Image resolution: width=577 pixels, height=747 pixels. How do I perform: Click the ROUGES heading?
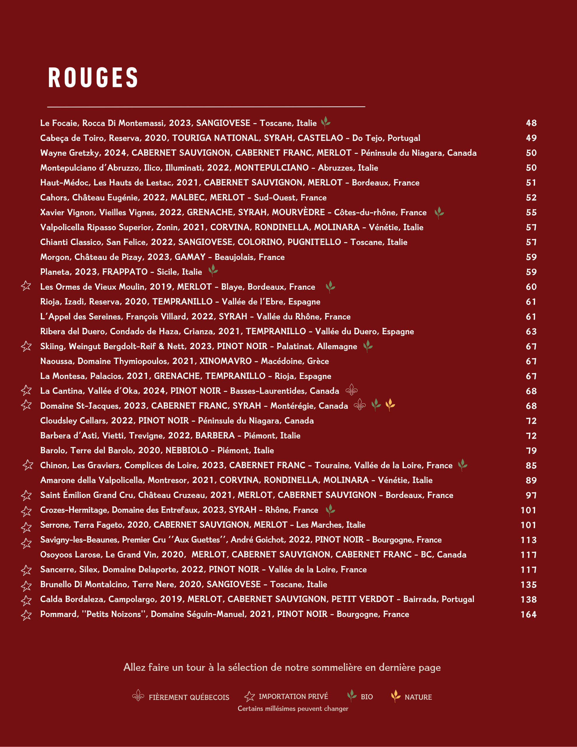93,78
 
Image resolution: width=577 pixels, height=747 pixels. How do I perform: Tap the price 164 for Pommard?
529,615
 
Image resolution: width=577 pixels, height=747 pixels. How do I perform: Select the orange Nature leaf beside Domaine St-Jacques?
390,405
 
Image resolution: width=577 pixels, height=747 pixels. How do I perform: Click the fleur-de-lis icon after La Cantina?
351,390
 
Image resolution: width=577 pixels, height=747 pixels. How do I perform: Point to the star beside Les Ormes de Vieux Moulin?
26,286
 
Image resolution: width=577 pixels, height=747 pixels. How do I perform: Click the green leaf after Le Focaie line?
326,122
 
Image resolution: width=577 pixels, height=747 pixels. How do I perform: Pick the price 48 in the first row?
531,123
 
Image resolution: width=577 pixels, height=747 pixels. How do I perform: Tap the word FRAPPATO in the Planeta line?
125,272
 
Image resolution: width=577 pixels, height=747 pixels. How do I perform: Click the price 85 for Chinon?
531,465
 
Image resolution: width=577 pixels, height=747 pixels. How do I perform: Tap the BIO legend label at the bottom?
367,697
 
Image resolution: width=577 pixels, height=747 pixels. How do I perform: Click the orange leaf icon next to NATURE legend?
395,696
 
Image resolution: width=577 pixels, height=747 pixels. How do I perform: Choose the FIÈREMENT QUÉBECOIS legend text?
189,697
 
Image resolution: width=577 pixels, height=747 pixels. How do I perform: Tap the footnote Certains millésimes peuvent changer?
293,709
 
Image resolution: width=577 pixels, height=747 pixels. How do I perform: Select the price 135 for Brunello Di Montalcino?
529,585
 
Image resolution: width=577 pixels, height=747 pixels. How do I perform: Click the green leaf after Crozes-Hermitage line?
330,510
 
